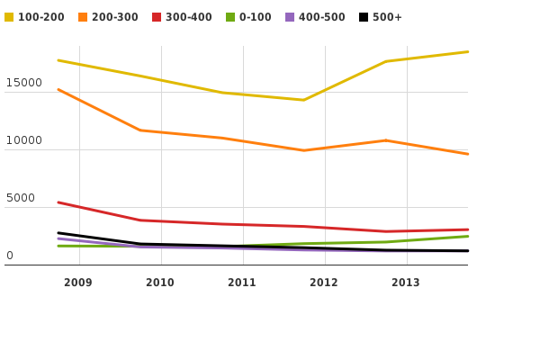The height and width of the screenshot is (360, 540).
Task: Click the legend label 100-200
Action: coord(40,17)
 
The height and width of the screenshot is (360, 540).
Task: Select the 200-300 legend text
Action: coord(114,17)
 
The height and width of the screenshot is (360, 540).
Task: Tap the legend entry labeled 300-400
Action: coord(188,17)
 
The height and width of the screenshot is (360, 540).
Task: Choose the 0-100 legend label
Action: coord(255,17)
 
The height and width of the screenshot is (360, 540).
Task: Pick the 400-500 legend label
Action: coord(321,17)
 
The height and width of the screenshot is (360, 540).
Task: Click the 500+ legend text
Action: coord(387,17)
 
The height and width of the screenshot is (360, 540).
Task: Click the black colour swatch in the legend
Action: coord(364,17)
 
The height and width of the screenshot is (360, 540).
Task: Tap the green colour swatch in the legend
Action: coord(230,17)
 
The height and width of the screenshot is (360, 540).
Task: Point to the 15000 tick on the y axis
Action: coord(23,83)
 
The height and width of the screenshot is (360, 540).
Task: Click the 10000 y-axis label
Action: coord(23,140)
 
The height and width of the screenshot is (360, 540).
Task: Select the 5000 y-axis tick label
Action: coord(20,198)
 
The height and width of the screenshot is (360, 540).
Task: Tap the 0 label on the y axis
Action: coord(10,256)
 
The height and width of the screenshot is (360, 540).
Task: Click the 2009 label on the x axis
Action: coord(78,283)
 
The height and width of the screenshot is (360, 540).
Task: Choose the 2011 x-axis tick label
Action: coord(242,283)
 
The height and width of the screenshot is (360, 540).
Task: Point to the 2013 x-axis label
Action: coord(406,283)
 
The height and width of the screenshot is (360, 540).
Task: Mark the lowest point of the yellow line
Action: coord(303,100)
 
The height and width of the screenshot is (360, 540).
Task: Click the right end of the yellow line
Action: coord(468,51)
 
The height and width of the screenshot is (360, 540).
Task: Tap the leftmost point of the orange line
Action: coord(58,89)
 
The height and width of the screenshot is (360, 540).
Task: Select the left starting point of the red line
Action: coord(58,202)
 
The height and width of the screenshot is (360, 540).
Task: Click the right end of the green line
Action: coord(468,236)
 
